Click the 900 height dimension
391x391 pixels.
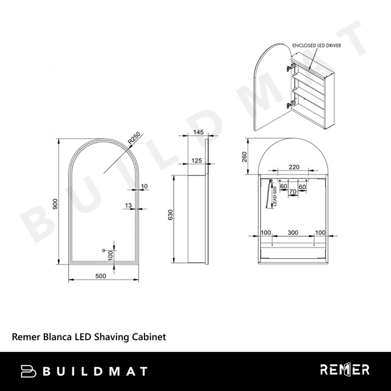[57, 203]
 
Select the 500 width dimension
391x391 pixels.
[100, 276]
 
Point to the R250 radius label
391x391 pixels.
[134, 139]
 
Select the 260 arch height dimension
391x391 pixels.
[243, 156]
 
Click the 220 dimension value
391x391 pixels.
[294, 167]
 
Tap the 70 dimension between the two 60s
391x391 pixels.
[293, 193]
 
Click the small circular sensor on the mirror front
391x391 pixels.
[104, 250]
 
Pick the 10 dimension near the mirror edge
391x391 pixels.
[143, 186]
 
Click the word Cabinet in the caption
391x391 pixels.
[149, 337]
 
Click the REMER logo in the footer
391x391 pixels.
[345, 370]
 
